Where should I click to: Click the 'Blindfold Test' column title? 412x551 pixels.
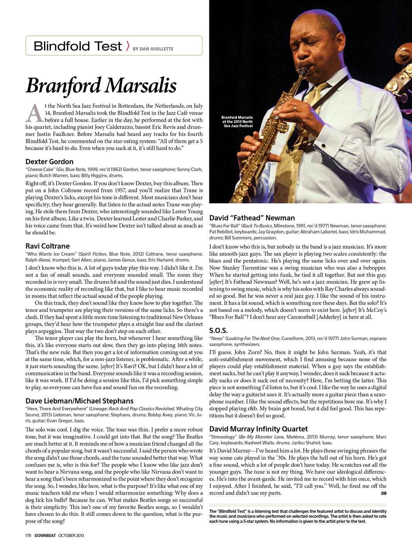pos(78,46)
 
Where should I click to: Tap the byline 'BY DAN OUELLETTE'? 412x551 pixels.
pos(153,49)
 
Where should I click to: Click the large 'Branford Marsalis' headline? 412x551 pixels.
pos(101,85)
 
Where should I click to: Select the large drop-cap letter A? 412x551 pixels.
pos(34,113)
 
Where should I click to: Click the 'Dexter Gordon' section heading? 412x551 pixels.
pos(49,162)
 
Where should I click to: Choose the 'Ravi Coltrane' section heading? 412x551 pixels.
pos(48,246)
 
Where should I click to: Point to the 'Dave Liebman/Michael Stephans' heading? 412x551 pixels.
pos(80,401)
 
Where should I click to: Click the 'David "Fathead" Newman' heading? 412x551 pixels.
pos(252,218)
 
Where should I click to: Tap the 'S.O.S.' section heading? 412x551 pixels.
pos(218,331)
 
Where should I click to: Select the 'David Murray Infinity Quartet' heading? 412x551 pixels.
pos(259,429)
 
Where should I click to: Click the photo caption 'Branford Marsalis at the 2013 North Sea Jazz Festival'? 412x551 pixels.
pos(237,122)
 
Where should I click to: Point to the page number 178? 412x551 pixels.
pos(28,536)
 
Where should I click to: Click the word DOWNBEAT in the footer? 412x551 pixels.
pos(45,536)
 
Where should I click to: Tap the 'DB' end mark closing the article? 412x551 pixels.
pos(383,493)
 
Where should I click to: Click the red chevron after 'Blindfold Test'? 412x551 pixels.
pos(128,46)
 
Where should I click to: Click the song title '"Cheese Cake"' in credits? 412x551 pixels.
pos(40,170)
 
